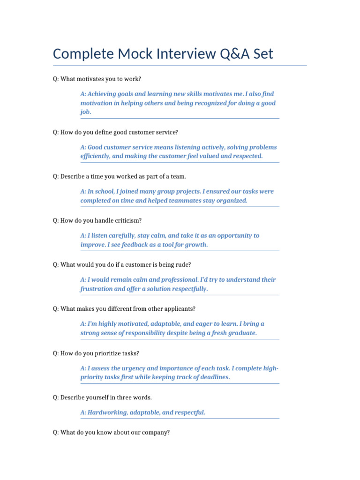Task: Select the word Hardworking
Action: pyautogui.click(x=107, y=412)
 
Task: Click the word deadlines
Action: pyautogui.click(x=215, y=377)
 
